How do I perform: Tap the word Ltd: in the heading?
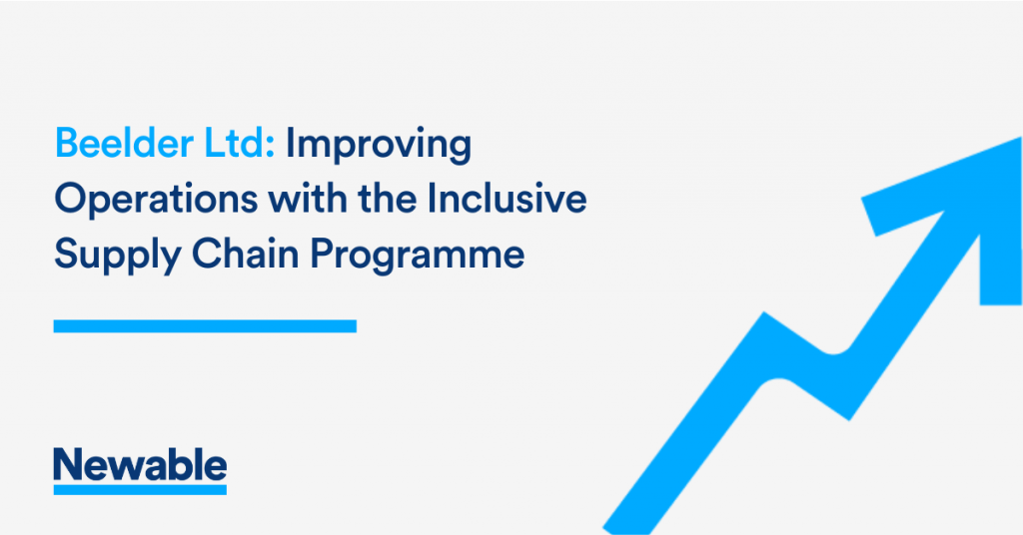click(x=240, y=144)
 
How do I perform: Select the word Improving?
click(x=379, y=146)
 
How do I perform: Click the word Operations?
click(x=156, y=200)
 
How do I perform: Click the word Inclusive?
click(x=508, y=198)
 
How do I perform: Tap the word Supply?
click(x=118, y=255)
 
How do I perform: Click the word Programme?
click(x=417, y=255)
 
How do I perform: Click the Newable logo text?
click(x=140, y=464)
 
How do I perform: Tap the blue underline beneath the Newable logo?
click(x=140, y=489)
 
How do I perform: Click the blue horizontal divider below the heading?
click(x=205, y=325)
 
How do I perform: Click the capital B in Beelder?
click(x=68, y=144)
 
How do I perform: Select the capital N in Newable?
click(x=69, y=464)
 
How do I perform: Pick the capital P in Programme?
click(x=322, y=254)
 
